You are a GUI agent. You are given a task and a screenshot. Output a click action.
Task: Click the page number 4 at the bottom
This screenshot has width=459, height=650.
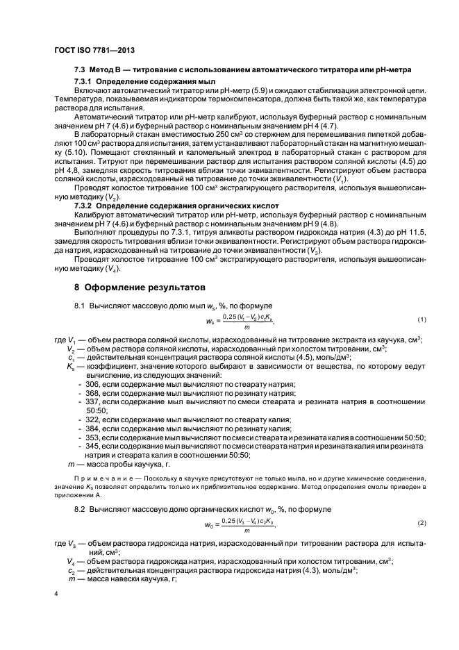[x=57, y=594]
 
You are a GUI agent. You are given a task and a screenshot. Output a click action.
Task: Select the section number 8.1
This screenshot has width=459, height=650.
[x=80, y=306]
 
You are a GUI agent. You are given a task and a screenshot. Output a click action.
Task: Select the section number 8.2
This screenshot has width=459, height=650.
[x=80, y=510]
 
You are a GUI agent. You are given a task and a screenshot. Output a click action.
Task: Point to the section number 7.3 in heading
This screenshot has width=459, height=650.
[x=80, y=71]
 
